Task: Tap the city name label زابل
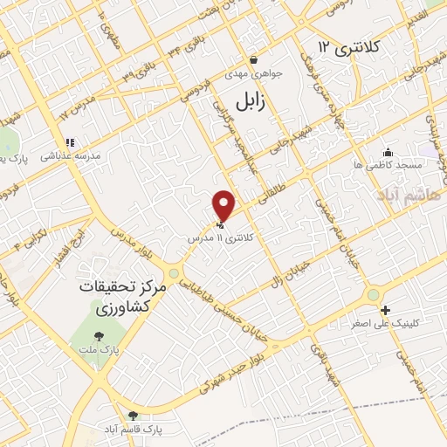coord(248,102)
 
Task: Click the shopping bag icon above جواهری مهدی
coord(253,60)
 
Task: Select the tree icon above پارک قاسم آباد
coord(133,416)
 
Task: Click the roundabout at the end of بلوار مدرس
coord(174,273)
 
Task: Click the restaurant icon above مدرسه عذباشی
coord(69,141)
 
